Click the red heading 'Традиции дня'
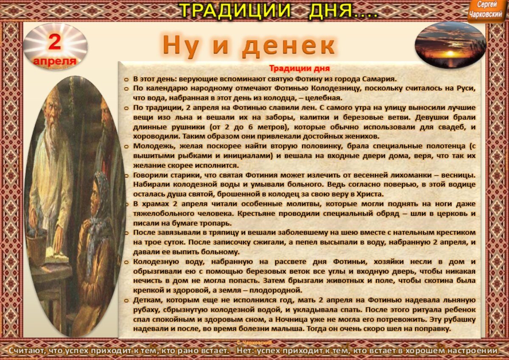point(299,68)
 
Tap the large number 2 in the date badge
point(55,43)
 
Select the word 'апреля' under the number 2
point(55,61)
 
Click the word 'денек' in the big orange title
point(289,45)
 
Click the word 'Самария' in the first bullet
point(380,78)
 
